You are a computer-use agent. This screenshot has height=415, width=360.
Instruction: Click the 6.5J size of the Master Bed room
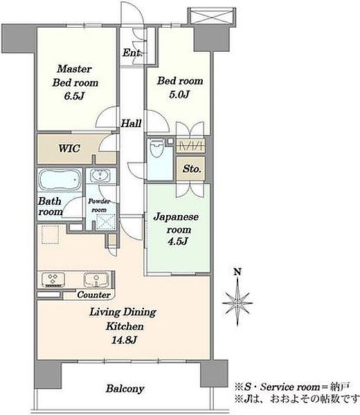(74, 96)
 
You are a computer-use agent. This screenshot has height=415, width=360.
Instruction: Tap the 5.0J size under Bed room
(179, 94)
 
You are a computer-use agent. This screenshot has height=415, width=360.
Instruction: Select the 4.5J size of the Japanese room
(178, 241)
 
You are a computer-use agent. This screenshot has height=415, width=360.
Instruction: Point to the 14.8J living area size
(124, 340)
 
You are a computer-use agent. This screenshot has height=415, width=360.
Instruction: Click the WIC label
(69, 148)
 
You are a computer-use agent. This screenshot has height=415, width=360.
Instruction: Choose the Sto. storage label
(192, 169)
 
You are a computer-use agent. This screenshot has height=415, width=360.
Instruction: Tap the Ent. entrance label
(132, 53)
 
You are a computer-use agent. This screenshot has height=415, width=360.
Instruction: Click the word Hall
(131, 123)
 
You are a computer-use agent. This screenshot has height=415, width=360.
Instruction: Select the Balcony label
(125, 389)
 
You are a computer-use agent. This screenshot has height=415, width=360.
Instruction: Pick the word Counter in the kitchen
(93, 295)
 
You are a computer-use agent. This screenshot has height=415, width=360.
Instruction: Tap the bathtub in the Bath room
(60, 180)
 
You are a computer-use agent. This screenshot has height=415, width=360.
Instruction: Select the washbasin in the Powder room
(100, 175)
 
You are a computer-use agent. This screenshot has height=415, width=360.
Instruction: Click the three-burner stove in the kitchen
(53, 280)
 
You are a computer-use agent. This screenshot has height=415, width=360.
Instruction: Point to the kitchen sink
(96, 280)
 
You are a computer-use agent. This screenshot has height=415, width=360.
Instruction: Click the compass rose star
(237, 302)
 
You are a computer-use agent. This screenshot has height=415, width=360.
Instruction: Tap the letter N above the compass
(237, 272)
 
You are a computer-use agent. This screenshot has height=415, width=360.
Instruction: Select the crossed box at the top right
(212, 16)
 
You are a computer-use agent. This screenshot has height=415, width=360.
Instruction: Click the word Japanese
(176, 217)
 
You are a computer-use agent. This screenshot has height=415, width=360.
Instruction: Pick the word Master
(75, 69)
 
